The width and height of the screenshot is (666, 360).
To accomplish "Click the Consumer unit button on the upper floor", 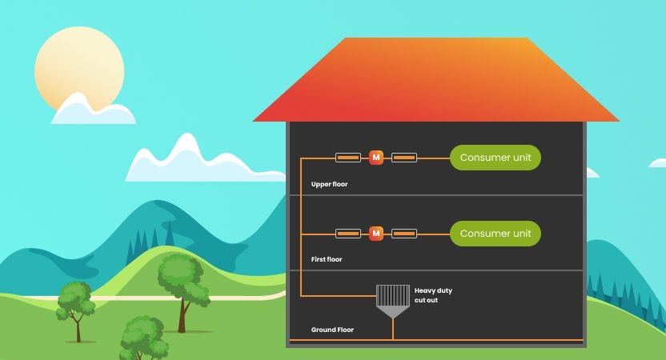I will point(495,158).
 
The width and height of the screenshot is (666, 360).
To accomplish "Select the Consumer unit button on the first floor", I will point(495,234).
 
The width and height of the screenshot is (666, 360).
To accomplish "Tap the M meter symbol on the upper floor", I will point(376,158).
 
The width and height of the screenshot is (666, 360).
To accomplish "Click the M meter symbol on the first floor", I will point(376,234).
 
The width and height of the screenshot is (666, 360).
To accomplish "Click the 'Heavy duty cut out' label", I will point(432,295).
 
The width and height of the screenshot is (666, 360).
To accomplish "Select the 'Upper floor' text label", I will point(329,184).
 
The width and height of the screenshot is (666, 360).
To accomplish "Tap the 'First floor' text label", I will point(327,259).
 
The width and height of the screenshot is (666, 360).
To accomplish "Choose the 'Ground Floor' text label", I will point(332,330).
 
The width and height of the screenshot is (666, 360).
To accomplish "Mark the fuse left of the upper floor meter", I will point(347,158).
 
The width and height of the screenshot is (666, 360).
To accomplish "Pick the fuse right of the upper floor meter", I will point(404,158).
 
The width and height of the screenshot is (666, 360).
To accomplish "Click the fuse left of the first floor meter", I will point(347,234).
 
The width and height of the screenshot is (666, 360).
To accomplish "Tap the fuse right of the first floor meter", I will point(404,234).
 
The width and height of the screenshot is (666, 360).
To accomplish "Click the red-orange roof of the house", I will point(436,80).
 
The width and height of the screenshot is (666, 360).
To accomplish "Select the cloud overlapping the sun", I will point(91,111).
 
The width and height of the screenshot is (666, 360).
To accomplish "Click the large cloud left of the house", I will point(180,160).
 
